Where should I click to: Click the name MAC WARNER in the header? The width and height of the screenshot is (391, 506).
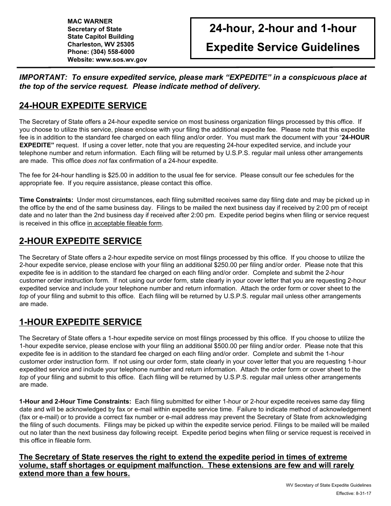[90, 21]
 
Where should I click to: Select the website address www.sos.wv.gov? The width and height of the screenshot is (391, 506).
[121, 59]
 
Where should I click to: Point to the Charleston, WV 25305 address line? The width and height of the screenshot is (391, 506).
[101, 44]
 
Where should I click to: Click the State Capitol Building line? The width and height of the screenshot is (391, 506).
[100, 37]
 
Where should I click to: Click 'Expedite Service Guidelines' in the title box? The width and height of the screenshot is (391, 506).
[282, 47]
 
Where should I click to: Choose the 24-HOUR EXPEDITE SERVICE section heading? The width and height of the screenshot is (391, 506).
[83, 106]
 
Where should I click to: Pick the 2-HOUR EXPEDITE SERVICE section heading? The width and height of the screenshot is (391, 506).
[80, 241]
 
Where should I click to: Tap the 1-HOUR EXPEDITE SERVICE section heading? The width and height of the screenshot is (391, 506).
[80, 322]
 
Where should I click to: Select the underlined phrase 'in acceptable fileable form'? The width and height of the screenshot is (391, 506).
[125, 224]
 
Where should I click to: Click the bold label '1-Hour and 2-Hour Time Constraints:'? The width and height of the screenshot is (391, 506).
[75, 402]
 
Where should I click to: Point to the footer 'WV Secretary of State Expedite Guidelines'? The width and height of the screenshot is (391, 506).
[328, 485]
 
